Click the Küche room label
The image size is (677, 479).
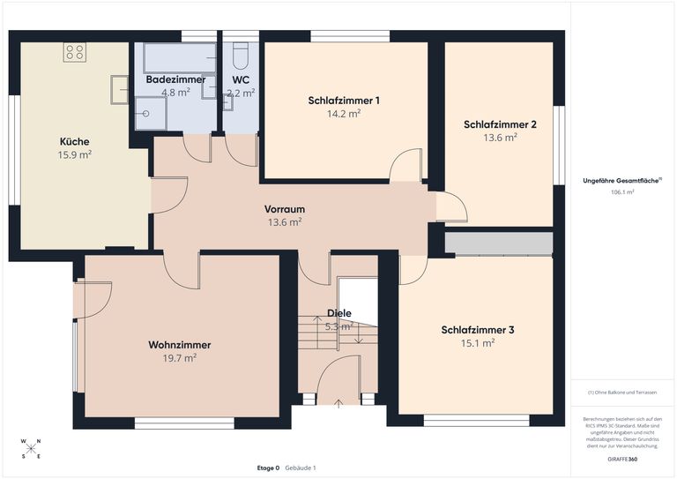[x=74, y=141]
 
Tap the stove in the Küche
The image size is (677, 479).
[x=74, y=52]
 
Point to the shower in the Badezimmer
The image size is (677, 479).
[x=150, y=112]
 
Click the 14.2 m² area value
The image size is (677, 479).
[x=344, y=114]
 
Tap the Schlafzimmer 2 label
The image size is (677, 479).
[x=500, y=124]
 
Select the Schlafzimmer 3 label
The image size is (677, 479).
[x=478, y=330]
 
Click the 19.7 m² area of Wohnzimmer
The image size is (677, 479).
[x=180, y=358]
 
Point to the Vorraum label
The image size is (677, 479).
[x=285, y=209]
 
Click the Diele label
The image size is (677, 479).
[x=339, y=313]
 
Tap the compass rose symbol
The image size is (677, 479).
[x=32, y=448]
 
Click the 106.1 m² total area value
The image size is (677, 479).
[x=622, y=191]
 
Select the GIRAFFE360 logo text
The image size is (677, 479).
[x=622, y=460]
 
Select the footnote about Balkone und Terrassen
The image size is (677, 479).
[x=622, y=392]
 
